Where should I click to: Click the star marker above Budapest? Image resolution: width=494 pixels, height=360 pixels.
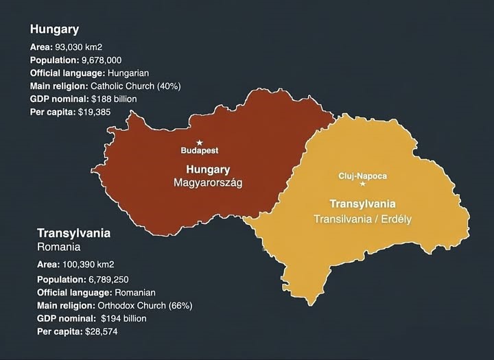point(200,143)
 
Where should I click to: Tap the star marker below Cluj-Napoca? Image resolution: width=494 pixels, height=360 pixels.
point(363,184)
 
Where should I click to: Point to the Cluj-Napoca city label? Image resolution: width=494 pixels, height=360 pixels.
point(363,176)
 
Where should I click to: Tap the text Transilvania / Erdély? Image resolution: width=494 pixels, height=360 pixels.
point(362,219)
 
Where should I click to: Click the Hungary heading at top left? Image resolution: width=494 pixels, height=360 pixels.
point(54,29)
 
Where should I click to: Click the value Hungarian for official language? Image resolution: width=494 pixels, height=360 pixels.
point(124,73)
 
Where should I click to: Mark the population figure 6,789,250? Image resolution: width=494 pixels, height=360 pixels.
point(115,279)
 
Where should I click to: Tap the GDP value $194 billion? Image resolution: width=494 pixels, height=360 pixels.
point(123,318)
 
